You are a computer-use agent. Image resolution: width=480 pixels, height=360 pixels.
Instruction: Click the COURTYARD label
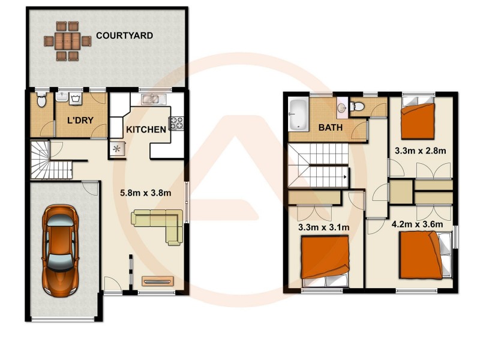(x=125, y=36)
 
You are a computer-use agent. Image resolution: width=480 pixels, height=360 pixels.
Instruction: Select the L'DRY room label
(x=80, y=121)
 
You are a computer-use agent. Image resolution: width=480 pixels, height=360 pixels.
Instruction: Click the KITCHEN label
(x=146, y=130)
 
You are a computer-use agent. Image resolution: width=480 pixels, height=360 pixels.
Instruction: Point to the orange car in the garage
(x=60, y=246)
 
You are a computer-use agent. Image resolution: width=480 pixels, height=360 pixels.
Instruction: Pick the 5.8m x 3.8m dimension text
(x=143, y=193)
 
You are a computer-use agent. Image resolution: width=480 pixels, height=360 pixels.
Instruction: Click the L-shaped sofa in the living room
(x=159, y=224)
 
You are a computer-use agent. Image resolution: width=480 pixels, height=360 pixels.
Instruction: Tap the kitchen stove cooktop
(x=178, y=124)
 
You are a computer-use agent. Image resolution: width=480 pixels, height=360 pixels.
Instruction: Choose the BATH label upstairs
(x=331, y=128)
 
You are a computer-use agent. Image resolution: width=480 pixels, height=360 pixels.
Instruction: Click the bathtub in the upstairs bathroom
(x=298, y=114)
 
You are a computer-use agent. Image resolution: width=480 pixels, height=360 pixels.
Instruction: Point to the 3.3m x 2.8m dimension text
(x=420, y=150)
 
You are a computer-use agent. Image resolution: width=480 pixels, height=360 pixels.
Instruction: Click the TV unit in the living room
(x=157, y=280)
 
